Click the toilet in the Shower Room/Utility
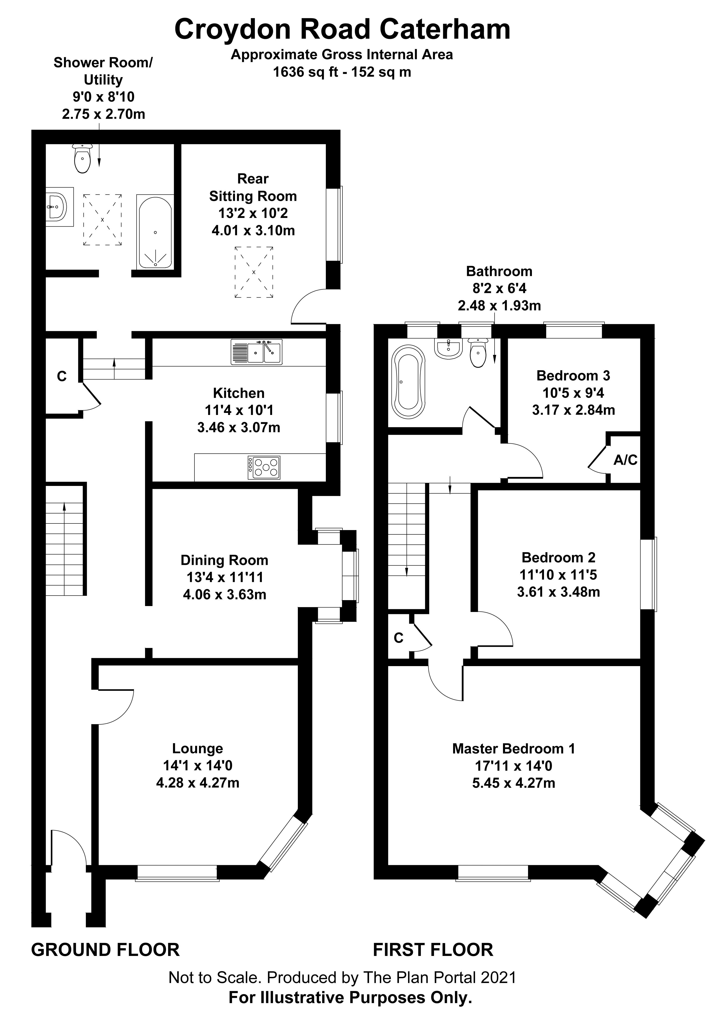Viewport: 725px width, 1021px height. click(x=83, y=158)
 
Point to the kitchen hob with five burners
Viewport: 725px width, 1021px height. click(x=264, y=468)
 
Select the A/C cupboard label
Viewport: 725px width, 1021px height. click(x=625, y=460)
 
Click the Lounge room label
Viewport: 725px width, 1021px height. click(x=198, y=748)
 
